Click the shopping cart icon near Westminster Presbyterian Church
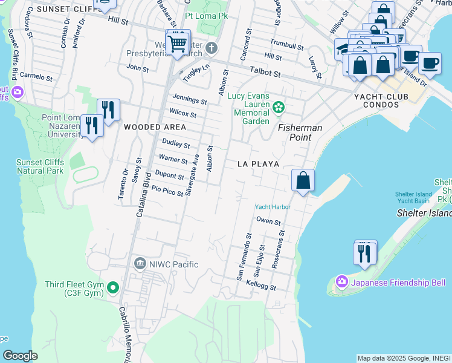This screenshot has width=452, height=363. tap(178, 43)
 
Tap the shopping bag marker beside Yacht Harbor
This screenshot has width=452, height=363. tap(303, 180)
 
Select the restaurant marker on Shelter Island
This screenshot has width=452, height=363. tap(364, 253)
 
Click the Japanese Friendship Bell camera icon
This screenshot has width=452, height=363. tap(342, 282)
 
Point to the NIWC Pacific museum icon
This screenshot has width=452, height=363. tap(140, 264)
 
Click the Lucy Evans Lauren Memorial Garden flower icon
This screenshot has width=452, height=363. tap(278, 108)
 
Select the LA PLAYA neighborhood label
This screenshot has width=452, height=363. tap(258, 164)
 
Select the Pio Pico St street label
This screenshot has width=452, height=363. tap(167, 191)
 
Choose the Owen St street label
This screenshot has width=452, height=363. tap(269, 221)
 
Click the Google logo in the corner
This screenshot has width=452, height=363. tap(21, 356)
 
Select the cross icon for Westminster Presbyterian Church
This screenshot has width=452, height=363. tap(211, 48)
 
